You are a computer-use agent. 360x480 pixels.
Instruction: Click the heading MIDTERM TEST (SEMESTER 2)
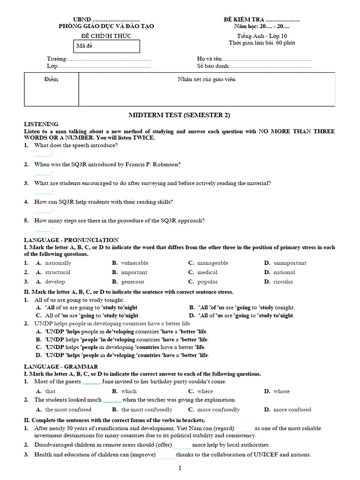[180, 115]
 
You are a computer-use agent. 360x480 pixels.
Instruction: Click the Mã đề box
[107, 46]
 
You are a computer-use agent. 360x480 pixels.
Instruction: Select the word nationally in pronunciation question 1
[58, 263]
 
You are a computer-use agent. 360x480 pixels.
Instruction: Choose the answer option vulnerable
[135, 263]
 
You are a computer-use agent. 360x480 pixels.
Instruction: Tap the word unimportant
[290, 263]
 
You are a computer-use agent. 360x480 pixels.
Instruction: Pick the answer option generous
[133, 282]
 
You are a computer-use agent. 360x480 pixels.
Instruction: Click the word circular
[283, 282]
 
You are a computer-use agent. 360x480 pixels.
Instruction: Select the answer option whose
[281, 391]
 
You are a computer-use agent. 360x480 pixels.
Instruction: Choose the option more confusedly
[218, 409]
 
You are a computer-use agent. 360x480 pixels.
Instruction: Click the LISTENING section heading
[41, 124]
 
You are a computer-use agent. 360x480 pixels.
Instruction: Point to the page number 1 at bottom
[180, 468]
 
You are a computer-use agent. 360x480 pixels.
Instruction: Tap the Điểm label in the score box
[51, 79]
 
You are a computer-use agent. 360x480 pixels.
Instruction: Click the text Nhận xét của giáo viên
[207, 79]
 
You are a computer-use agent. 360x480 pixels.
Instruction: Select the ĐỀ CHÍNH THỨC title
[106, 36]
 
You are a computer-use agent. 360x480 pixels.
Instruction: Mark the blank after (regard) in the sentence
[244, 428]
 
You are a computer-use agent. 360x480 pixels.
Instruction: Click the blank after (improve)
[166, 455]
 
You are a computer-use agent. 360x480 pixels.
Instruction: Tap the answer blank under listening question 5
[43, 230]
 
